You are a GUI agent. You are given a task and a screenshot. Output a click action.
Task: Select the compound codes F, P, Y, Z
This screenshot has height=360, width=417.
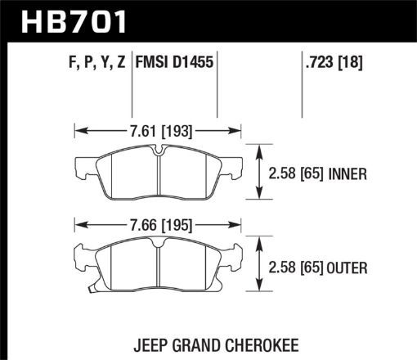click(x=88, y=60)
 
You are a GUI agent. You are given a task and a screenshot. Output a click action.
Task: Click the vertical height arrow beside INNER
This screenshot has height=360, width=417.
click(x=259, y=173)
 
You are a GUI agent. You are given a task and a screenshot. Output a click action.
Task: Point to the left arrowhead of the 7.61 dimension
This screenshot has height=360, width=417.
click(x=78, y=128)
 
